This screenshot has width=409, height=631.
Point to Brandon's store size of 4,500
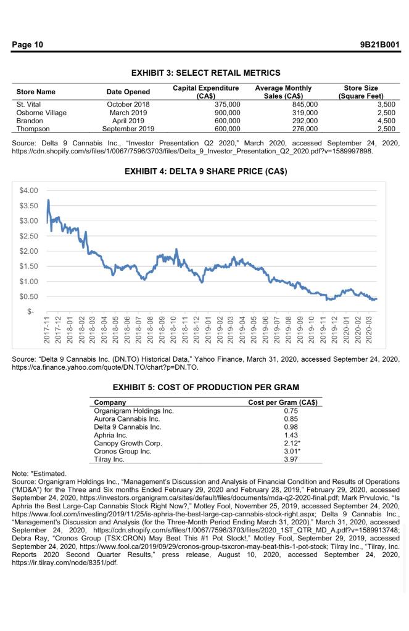[384, 121]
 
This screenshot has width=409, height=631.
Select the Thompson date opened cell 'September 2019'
[129, 129]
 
